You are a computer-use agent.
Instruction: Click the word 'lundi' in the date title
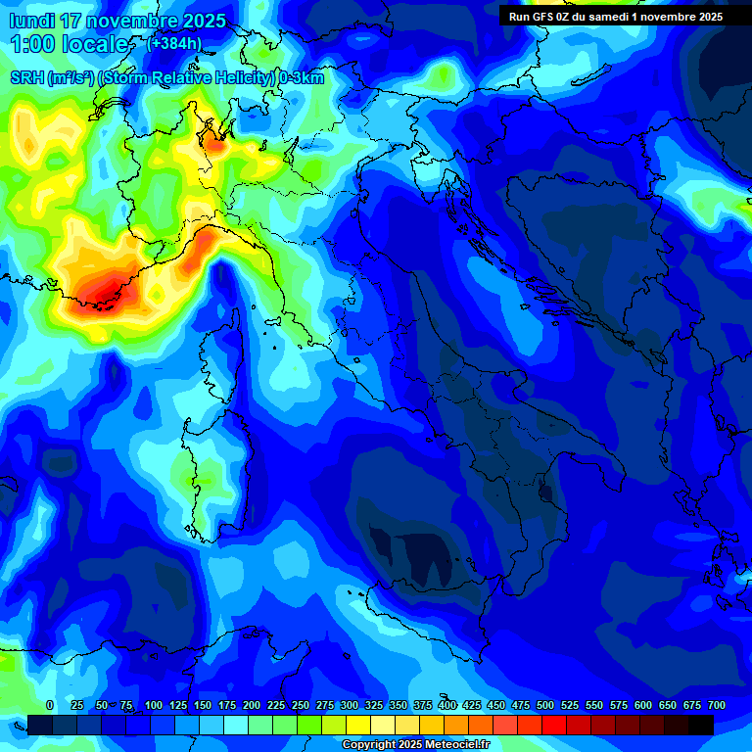(x=32, y=21)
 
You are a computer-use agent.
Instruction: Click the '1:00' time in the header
(x=30, y=44)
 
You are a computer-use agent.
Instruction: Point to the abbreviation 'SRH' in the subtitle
(x=27, y=78)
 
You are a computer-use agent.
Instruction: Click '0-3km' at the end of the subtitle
(x=301, y=78)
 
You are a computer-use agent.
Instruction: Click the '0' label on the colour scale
(x=50, y=705)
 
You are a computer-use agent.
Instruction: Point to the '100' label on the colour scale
(x=154, y=705)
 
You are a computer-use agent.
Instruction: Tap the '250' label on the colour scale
(x=301, y=705)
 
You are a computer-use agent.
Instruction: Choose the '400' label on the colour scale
(x=447, y=705)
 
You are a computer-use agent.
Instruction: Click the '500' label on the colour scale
(x=545, y=705)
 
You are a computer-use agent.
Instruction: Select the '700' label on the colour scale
(x=717, y=705)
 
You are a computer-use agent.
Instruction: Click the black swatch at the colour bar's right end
(x=701, y=725)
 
